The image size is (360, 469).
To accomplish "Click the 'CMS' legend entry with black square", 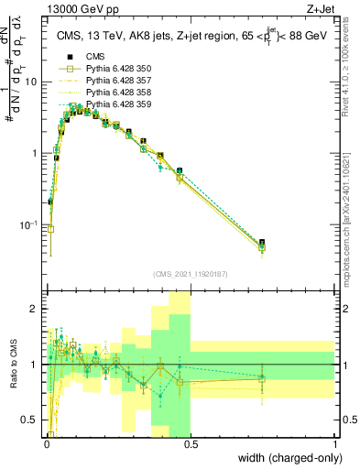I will [x=95, y=57].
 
